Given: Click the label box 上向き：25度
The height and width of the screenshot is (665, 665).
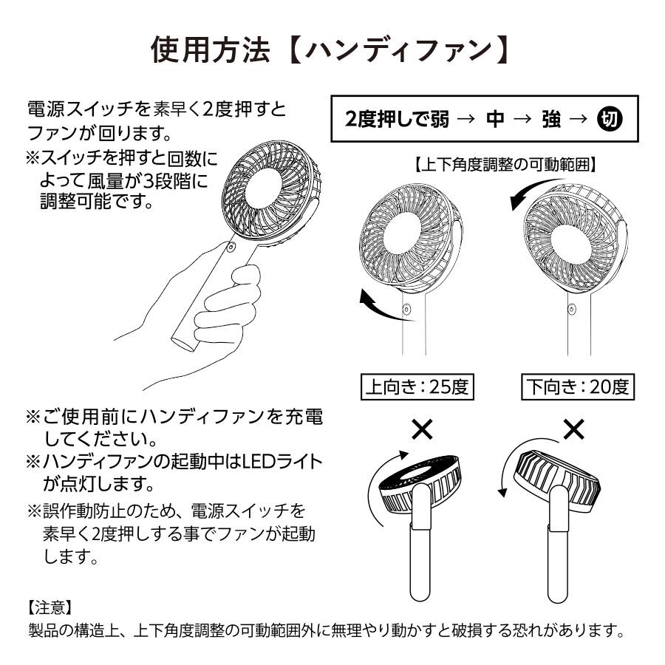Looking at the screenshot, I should [417, 386].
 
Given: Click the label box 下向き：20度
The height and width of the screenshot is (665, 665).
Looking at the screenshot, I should [579, 386].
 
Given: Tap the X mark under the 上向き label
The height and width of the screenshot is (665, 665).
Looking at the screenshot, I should [422, 429].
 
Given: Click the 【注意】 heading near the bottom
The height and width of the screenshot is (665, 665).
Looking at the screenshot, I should [49, 607].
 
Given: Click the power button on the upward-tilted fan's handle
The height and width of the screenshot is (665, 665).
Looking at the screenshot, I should [406, 311].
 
